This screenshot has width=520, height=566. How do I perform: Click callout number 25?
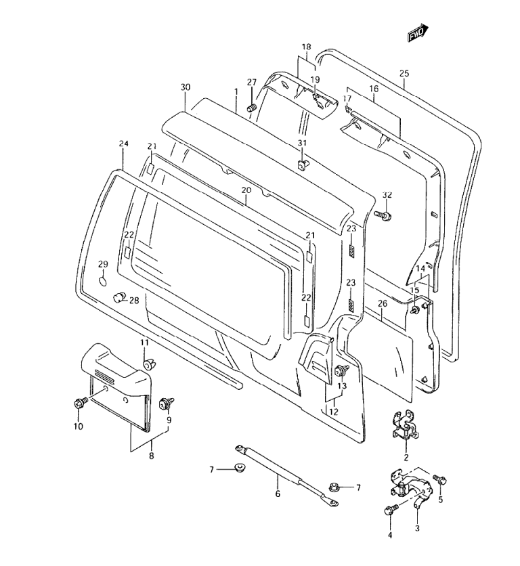tap(404, 73)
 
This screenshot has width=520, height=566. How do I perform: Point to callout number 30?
tap(186, 87)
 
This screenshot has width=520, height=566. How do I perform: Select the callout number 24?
tap(123, 144)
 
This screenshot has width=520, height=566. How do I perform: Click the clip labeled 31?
tap(301, 164)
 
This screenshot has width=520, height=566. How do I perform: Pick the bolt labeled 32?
tap(381, 216)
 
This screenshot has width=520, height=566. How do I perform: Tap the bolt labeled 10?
tap(78, 404)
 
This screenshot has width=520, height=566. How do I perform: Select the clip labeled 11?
tap(148, 366)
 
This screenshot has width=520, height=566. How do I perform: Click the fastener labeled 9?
tap(165, 404)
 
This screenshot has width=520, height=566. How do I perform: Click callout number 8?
tap(151, 456)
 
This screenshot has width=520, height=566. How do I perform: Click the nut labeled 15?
tap(412, 310)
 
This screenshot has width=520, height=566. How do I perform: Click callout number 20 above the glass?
tap(246, 190)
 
